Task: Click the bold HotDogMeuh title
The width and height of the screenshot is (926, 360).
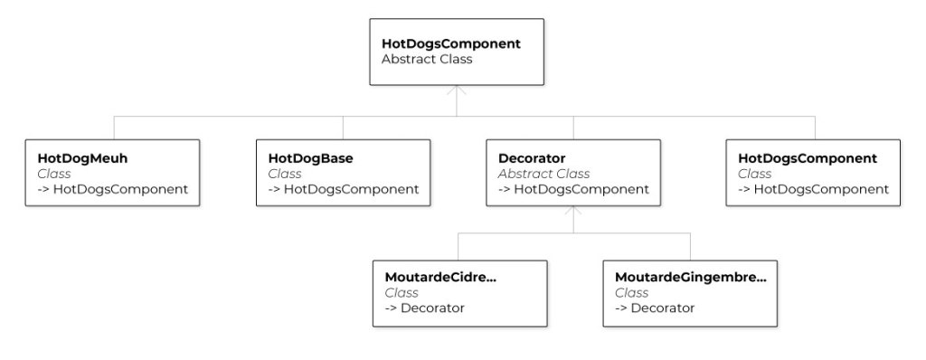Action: [x=76, y=158]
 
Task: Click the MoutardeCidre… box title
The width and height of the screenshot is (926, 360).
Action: [x=440, y=277]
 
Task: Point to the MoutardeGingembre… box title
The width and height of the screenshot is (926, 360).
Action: [x=690, y=277]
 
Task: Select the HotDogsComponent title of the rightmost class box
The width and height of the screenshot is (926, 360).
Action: [x=808, y=158]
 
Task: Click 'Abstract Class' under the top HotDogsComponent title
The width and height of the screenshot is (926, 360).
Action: [x=427, y=60]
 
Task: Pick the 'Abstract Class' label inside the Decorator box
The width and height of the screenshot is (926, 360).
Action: [x=543, y=174]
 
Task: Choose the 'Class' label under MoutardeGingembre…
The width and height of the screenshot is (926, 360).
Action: [x=631, y=292]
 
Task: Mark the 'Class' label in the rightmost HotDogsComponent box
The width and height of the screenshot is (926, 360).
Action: [x=755, y=174]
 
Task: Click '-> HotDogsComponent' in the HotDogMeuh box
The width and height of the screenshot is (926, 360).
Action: [x=113, y=189]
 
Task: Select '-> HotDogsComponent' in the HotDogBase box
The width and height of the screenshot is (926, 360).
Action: [x=344, y=189]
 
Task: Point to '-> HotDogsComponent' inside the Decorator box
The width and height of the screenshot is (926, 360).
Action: [x=573, y=189]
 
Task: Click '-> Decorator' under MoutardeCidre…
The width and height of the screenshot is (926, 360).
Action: [x=425, y=308]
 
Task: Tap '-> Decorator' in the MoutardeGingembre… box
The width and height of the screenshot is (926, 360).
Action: [x=655, y=308]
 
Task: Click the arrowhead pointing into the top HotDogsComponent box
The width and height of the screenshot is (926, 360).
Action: [x=457, y=90]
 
